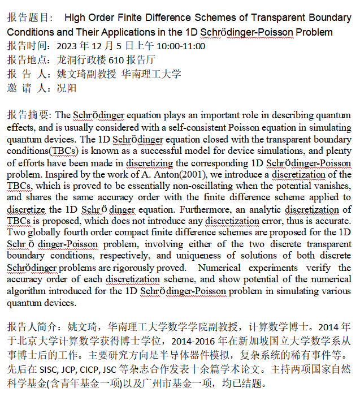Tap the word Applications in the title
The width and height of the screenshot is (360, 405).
135,32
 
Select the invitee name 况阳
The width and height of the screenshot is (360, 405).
67,88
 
